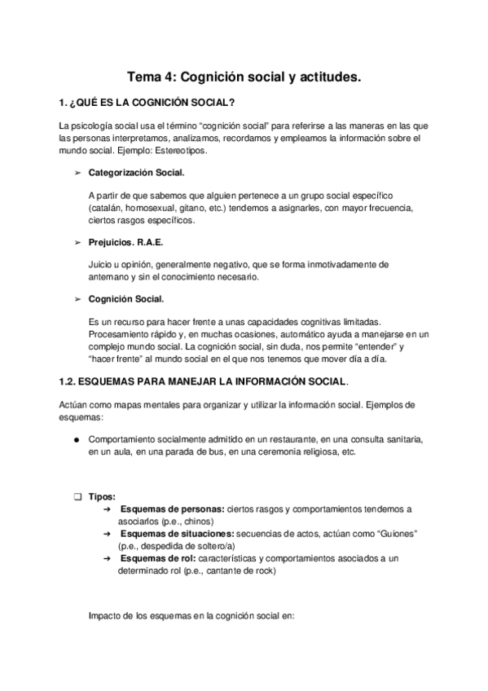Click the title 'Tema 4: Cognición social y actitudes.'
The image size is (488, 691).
pyautogui.click(x=244, y=77)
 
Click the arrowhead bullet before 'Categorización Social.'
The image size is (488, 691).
pyautogui.click(x=77, y=174)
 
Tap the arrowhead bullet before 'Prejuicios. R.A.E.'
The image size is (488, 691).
pyautogui.click(x=77, y=243)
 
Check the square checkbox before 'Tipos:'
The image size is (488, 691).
pyautogui.click(x=77, y=496)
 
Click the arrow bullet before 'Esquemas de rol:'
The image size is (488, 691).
pyautogui.click(x=107, y=559)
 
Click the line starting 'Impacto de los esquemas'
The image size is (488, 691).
pyautogui.click(x=190, y=616)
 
